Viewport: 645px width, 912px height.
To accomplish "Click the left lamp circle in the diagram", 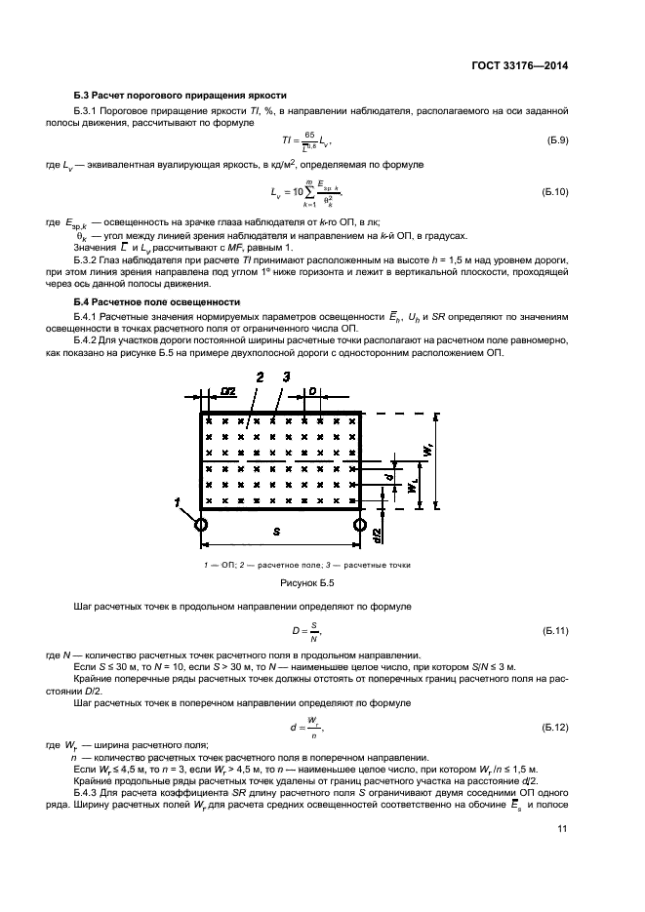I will point(201,525).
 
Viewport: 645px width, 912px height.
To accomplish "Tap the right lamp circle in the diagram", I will point(359,525).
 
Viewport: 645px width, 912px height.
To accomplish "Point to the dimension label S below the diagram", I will point(278,532).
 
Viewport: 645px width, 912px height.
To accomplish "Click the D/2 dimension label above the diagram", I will point(228,391).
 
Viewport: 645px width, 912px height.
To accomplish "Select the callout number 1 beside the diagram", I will point(179,502).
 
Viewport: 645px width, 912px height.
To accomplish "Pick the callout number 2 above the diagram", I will point(259,376).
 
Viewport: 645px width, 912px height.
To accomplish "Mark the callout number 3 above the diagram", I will point(286,376).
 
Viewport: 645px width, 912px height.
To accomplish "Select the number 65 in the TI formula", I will point(309,136).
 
